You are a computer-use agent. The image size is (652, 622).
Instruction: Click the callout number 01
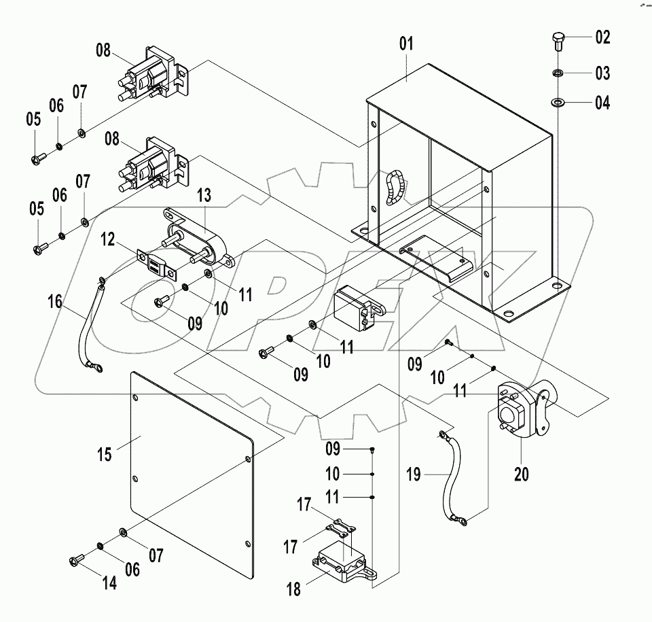click(x=406, y=46)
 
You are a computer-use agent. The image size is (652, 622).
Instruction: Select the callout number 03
click(x=603, y=73)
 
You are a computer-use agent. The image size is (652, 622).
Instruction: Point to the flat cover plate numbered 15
click(x=190, y=462)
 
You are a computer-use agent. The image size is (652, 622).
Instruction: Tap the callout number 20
click(x=521, y=474)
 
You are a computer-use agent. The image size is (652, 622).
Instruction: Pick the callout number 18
click(x=293, y=589)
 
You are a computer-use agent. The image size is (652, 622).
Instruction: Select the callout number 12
click(x=108, y=239)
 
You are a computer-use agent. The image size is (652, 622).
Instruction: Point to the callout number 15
click(x=106, y=454)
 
